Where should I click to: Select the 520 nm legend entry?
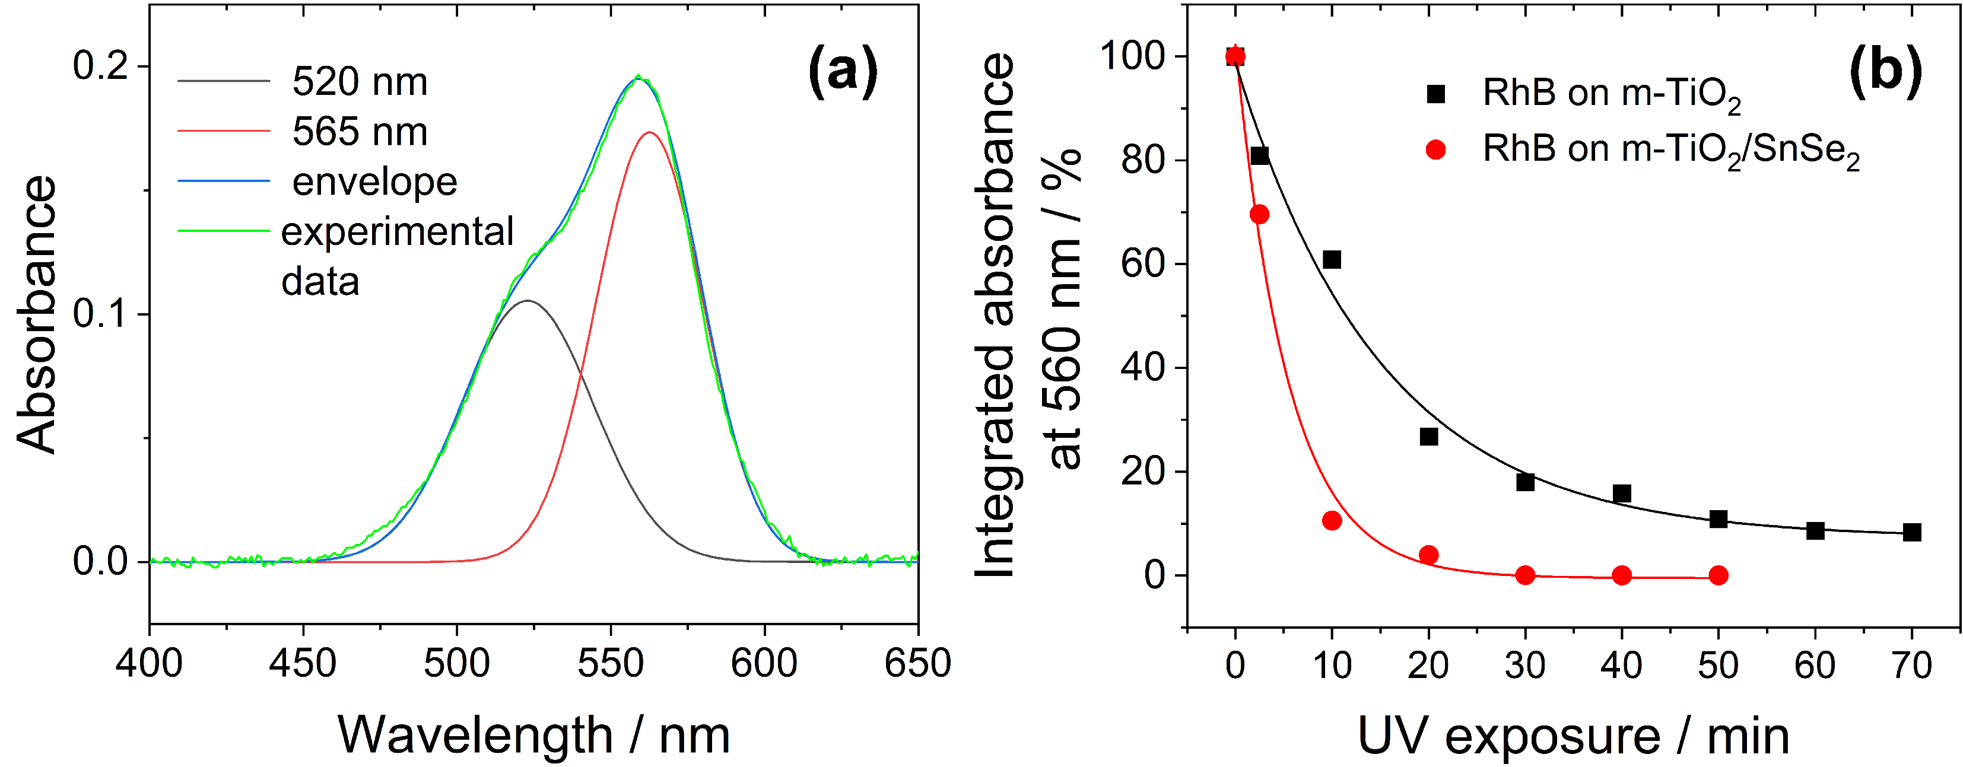coord(359,81)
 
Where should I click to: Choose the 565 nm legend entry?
coord(359,131)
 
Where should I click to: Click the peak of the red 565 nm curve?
coord(649,132)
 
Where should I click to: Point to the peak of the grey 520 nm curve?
coord(528,301)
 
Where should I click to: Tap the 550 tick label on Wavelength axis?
coord(611,663)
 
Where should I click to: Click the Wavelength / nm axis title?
coord(533,735)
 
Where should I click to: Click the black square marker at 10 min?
coord(1331,260)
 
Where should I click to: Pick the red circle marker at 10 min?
coord(1331,521)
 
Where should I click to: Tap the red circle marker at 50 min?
coord(1717,575)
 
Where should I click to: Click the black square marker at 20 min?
coord(1429,437)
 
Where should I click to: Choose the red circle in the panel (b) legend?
coord(1435,149)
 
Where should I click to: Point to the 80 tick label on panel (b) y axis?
coord(1143,160)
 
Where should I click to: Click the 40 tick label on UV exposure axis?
coord(1621,666)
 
